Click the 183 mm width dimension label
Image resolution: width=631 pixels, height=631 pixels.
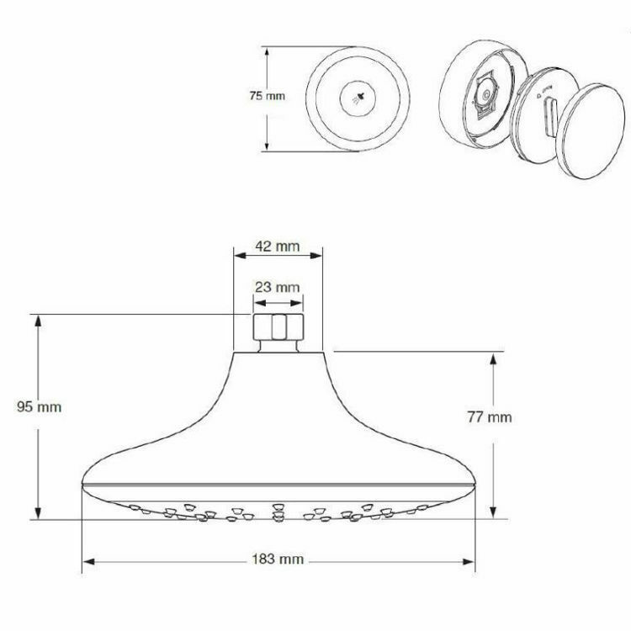tap(278, 559)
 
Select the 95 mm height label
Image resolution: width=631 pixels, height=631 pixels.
tap(40, 406)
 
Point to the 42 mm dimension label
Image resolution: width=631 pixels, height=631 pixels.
tap(278, 247)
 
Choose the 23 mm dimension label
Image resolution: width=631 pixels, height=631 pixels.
tap(278, 287)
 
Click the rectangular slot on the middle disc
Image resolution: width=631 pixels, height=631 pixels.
tap(552, 115)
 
